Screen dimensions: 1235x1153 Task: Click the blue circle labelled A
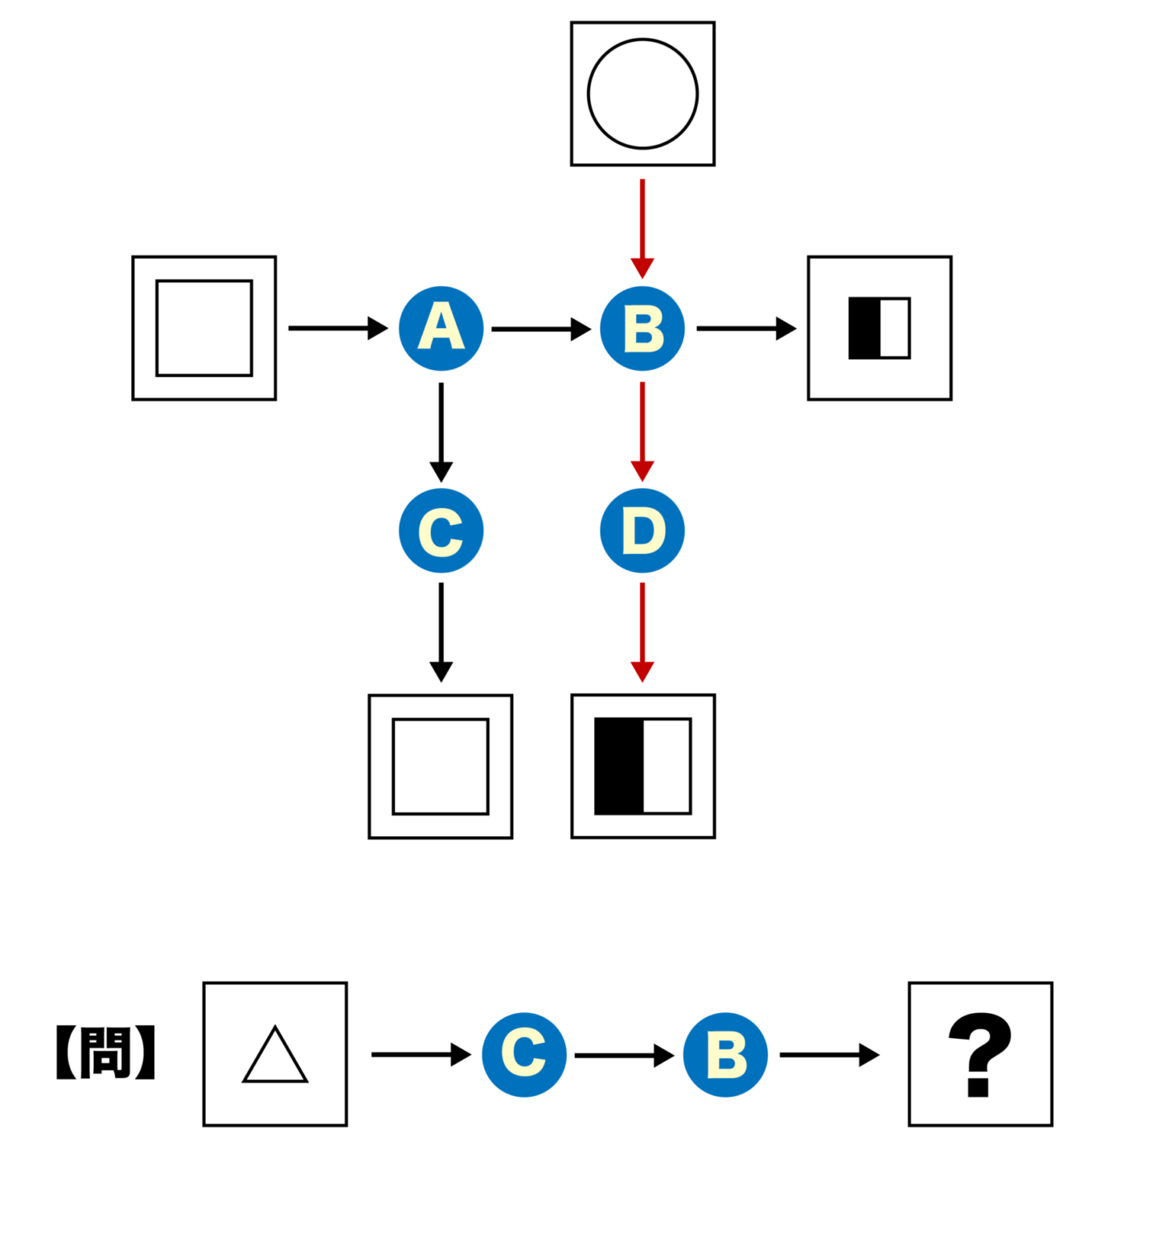click(441, 328)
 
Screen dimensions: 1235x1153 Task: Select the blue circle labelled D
click(642, 531)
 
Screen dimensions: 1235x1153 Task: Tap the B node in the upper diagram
click(642, 328)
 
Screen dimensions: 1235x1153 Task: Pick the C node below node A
click(441, 531)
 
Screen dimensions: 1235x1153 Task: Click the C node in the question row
click(523, 1054)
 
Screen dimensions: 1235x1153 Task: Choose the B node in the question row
click(724, 1054)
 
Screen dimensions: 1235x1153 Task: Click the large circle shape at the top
click(642, 94)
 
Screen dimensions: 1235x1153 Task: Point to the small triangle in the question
click(275, 1056)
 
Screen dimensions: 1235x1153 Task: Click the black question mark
click(979, 1053)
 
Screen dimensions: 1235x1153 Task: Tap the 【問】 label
click(105, 1052)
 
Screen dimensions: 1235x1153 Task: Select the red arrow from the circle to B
click(642, 228)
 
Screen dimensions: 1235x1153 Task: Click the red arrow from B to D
click(642, 431)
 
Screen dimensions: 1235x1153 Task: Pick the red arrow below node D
click(642, 632)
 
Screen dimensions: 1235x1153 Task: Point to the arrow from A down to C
click(441, 431)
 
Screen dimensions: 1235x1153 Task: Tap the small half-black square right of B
click(879, 328)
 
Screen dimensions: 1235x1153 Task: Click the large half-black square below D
click(642, 766)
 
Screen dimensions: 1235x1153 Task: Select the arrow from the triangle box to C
click(420, 1054)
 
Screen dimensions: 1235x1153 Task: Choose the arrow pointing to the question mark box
click(828, 1054)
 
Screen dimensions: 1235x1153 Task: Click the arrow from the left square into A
click(337, 328)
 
